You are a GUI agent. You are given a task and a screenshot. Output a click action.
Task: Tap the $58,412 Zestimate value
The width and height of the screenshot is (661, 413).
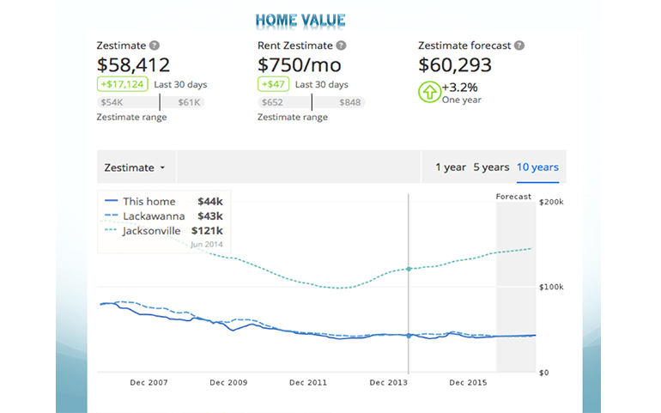[134, 64]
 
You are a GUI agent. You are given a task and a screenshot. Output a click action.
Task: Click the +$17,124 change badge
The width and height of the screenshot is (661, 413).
[122, 84]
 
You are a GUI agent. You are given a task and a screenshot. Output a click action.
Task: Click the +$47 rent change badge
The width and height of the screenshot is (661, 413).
[272, 84]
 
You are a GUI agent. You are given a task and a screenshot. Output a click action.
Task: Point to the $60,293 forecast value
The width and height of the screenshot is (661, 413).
[456, 64]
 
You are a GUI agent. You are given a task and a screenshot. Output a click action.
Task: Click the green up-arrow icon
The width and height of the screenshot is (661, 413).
[428, 91]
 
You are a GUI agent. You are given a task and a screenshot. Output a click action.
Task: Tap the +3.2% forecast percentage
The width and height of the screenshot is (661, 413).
[462, 87]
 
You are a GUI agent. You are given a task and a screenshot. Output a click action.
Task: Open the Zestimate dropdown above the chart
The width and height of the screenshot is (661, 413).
[133, 167]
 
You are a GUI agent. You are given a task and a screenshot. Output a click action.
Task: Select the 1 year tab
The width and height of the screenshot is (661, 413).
[450, 167]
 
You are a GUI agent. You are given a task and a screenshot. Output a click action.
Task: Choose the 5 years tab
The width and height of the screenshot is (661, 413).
[491, 167]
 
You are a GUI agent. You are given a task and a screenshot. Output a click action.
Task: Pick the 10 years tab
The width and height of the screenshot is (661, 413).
[537, 167]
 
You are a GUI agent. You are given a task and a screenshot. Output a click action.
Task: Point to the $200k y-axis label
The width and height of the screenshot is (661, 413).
[550, 201]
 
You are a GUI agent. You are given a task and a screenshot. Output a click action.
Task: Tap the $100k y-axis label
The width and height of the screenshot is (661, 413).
[550, 287]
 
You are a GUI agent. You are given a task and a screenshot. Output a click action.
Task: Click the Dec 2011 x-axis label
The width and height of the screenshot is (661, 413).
[308, 382]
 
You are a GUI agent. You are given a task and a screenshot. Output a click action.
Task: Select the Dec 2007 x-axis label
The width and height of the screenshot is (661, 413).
[149, 382]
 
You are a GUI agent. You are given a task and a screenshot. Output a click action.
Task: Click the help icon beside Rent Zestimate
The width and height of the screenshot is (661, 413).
[342, 46]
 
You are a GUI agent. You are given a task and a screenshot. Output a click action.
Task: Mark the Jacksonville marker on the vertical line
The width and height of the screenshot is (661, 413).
[409, 269]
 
